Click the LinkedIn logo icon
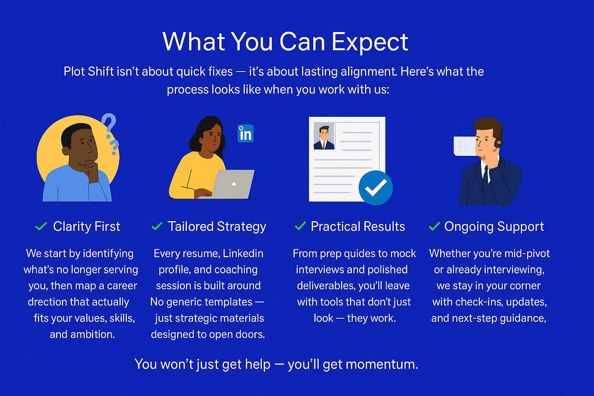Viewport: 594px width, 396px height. (245, 133)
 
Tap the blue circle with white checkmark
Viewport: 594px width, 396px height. (376, 188)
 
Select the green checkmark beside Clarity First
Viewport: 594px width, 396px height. (41, 226)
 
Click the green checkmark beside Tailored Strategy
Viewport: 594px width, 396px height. (157, 226)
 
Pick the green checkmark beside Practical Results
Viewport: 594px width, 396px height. (300, 226)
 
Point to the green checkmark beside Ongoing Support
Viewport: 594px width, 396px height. (434, 226)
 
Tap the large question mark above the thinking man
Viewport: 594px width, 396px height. (109, 122)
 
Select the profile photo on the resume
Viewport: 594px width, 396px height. (324, 136)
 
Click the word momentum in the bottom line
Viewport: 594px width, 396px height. (382, 364)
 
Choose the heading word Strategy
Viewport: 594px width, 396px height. (241, 227)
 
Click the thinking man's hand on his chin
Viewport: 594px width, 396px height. (92, 170)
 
